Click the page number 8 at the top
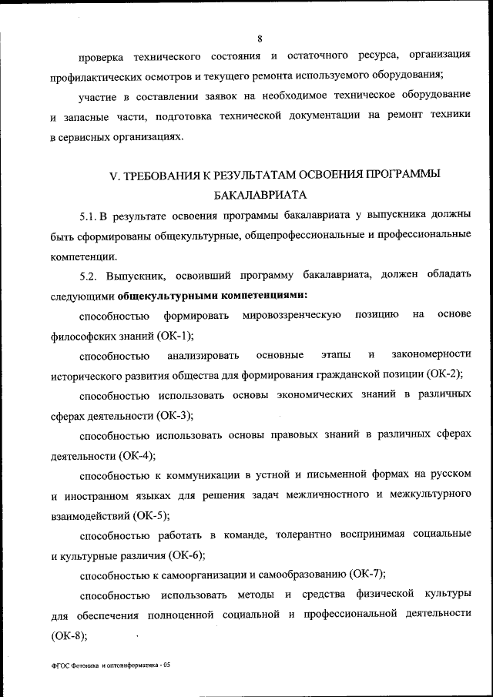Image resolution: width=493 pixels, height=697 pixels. coord(260,38)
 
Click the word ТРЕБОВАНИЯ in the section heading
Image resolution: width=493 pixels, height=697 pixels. coord(168,176)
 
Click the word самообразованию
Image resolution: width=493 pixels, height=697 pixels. coord(300,575)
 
